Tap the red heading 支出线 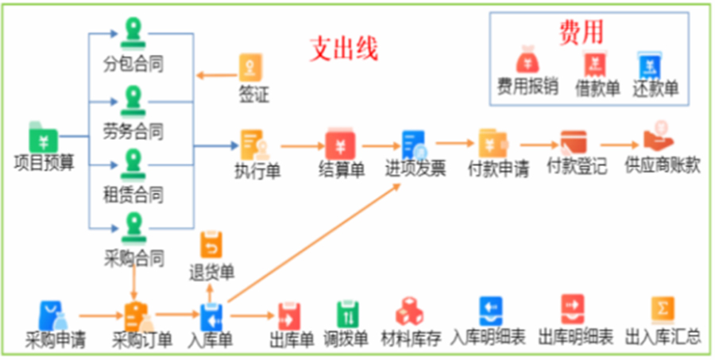[342, 49]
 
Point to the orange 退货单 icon [211, 246]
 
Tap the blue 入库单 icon [211, 316]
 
